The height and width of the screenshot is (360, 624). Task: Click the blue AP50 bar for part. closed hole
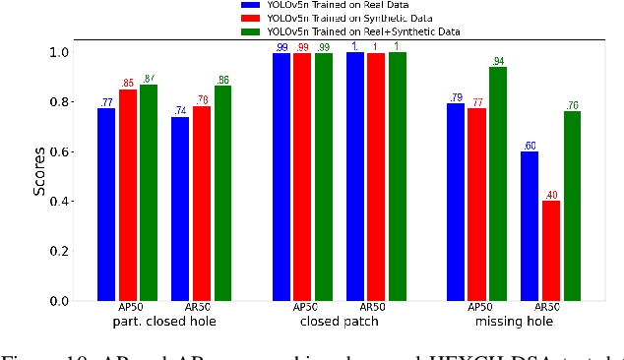pyautogui.click(x=106, y=205)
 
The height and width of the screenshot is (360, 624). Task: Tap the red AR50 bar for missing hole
pyautogui.click(x=551, y=251)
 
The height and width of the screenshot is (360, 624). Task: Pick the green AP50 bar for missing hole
pyautogui.click(x=499, y=184)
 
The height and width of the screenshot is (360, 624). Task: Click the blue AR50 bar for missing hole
pyautogui.click(x=530, y=226)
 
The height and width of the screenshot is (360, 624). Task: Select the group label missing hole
pyautogui.click(x=514, y=322)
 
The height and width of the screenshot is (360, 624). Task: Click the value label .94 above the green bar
pyautogui.click(x=499, y=60)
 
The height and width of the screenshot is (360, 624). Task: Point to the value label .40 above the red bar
pyautogui.click(x=551, y=194)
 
